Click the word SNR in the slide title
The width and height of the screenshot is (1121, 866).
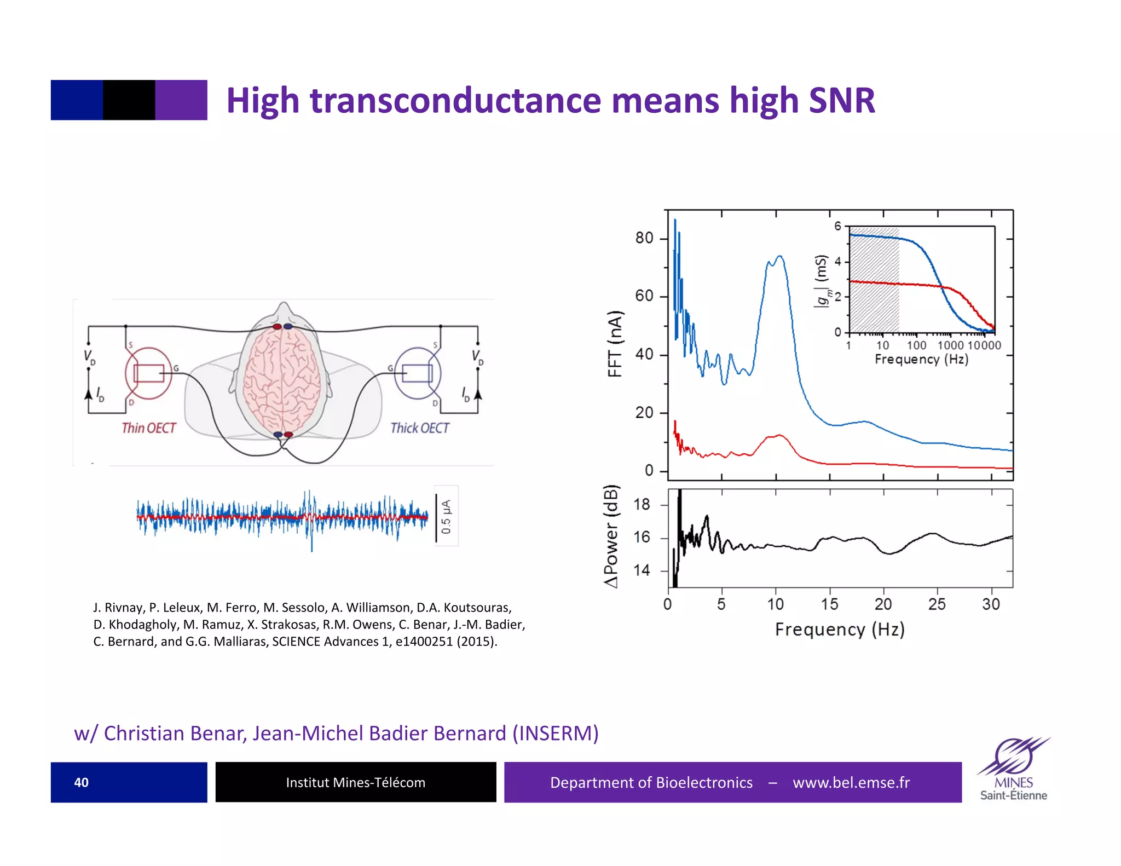[841, 101]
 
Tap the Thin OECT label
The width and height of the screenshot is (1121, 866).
[148, 428]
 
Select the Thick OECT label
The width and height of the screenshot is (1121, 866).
[420, 428]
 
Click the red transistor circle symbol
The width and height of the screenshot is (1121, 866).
[148, 373]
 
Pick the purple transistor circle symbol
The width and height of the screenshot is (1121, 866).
[418, 373]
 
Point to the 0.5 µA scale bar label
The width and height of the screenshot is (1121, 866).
[446, 516]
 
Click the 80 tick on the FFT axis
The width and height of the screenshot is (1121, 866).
[644, 238]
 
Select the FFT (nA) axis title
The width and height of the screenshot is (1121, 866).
[615, 344]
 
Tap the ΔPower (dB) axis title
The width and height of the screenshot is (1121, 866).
[611, 536]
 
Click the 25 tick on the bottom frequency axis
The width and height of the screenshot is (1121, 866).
[937, 604]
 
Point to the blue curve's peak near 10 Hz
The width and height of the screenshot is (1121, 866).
[779, 257]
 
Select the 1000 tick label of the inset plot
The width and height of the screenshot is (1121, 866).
[950, 345]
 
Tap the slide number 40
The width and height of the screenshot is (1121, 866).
[81, 782]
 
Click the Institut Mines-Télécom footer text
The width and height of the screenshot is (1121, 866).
[355, 782]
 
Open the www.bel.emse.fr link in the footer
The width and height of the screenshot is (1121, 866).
[851, 782]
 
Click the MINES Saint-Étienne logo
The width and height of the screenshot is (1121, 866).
[1013, 769]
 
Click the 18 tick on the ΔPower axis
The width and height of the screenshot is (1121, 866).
[642, 504]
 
